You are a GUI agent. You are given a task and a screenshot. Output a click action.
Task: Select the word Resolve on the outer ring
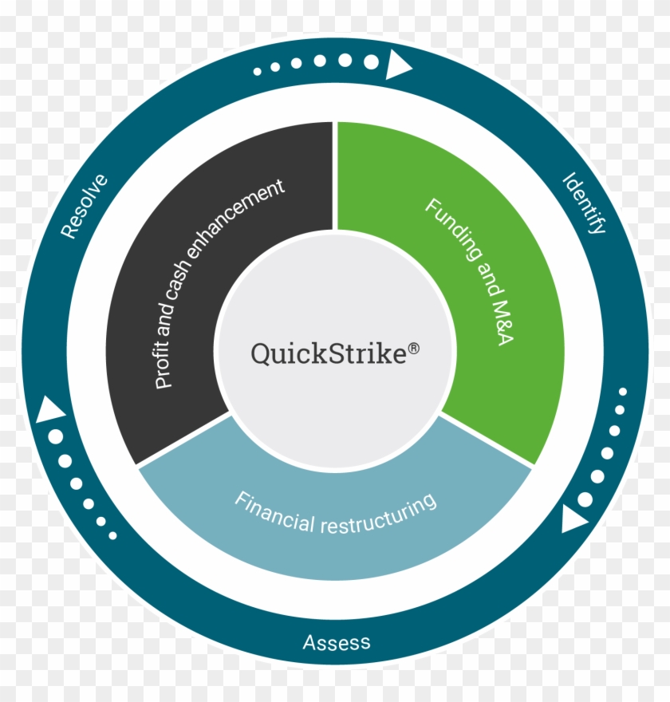[x=84, y=207]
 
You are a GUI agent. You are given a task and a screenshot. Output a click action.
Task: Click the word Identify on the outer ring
[x=585, y=203]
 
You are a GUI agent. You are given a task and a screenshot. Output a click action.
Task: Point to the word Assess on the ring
[x=336, y=642]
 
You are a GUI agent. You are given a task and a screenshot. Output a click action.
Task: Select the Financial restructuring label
[x=336, y=512]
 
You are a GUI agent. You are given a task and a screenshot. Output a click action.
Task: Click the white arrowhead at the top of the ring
[x=397, y=64]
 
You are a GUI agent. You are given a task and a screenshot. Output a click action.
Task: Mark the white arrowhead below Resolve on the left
[x=53, y=409]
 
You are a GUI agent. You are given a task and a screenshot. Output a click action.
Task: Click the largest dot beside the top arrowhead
[x=371, y=61]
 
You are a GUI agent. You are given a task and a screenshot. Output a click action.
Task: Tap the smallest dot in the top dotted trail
[x=258, y=72]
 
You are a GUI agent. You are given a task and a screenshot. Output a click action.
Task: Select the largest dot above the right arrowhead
[x=585, y=499]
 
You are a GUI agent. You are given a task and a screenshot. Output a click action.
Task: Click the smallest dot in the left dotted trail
[x=112, y=534]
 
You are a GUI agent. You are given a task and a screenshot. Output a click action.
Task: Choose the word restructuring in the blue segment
[x=378, y=515]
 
